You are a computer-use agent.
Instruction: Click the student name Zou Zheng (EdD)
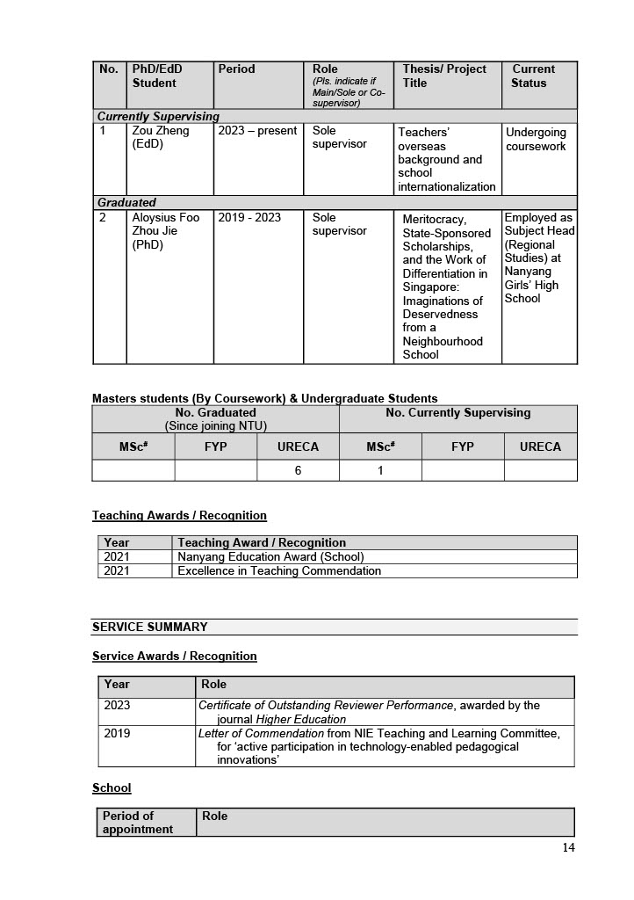(x=161, y=138)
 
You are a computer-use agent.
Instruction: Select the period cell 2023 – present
(x=257, y=132)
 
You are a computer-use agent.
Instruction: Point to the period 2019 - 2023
(x=249, y=218)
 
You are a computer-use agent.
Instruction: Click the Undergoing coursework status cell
(x=536, y=139)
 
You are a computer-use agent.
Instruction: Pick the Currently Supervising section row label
(x=158, y=116)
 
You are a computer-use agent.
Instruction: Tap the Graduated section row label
(x=126, y=202)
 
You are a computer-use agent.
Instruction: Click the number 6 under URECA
(x=298, y=470)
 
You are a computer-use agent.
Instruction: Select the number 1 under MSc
(x=380, y=470)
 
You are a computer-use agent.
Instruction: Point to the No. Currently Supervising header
(x=457, y=412)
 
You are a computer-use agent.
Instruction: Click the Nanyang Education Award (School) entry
(x=270, y=556)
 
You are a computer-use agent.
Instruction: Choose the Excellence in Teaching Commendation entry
(x=279, y=570)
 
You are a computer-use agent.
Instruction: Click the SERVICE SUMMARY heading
(x=150, y=627)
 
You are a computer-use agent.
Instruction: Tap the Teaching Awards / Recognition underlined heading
(x=179, y=515)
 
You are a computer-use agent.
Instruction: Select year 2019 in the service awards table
(x=117, y=733)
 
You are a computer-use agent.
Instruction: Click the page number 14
(x=568, y=847)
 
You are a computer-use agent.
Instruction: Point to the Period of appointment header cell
(x=138, y=823)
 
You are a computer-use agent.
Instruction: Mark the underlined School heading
(x=112, y=787)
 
